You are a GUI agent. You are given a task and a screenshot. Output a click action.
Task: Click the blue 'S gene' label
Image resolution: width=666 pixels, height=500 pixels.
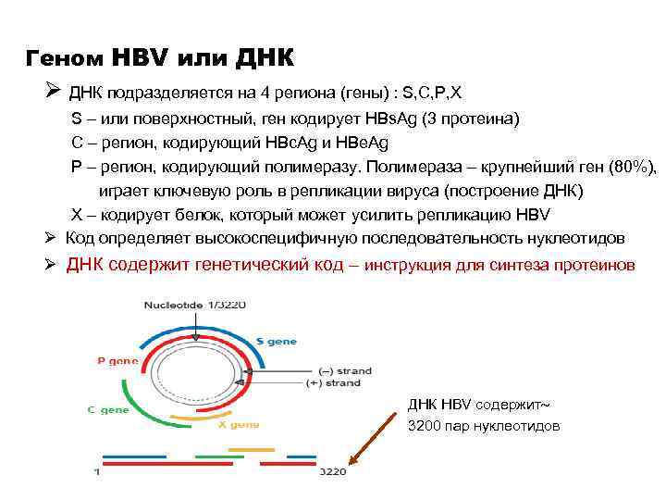click(x=277, y=342)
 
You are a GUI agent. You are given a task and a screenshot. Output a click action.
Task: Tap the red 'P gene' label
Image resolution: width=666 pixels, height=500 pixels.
click(x=117, y=361)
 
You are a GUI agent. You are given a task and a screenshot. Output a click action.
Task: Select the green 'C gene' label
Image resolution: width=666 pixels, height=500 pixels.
click(x=115, y=409)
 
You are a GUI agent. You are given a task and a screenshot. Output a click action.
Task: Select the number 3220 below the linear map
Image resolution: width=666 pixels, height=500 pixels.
click(x=332, y=472)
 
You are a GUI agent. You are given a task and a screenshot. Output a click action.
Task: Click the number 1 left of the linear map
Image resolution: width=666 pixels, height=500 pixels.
click(x=97, y=472)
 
